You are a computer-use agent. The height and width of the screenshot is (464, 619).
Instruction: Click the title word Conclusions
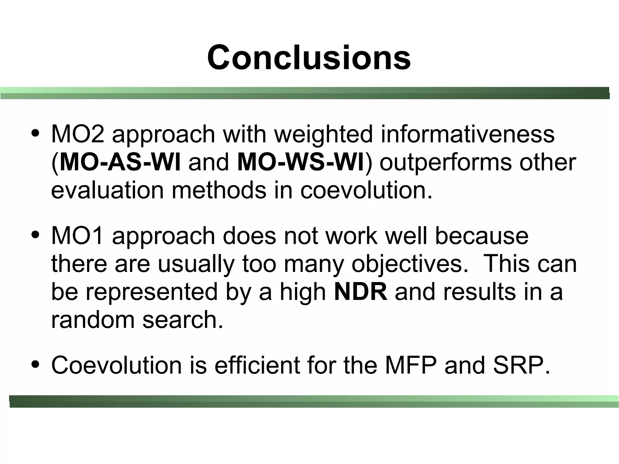(x=309, y=57)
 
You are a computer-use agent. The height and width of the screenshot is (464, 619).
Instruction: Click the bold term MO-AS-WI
(x=120, y=162)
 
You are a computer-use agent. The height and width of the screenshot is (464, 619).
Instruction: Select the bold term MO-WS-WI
(x=301, y=162)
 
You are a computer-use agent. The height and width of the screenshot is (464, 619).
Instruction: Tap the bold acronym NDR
(x=361, y=291)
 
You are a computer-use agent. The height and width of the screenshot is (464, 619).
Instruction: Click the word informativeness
(x=468, y=134)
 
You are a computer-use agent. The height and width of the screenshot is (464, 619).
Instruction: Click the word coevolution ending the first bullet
(x=366, y=190)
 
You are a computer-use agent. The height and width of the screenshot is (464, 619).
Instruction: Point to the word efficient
(x=257, y=365)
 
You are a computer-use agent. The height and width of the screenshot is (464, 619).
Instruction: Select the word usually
(x=196, y=264)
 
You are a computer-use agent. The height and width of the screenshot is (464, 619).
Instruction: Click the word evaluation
(x=107, y=190)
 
